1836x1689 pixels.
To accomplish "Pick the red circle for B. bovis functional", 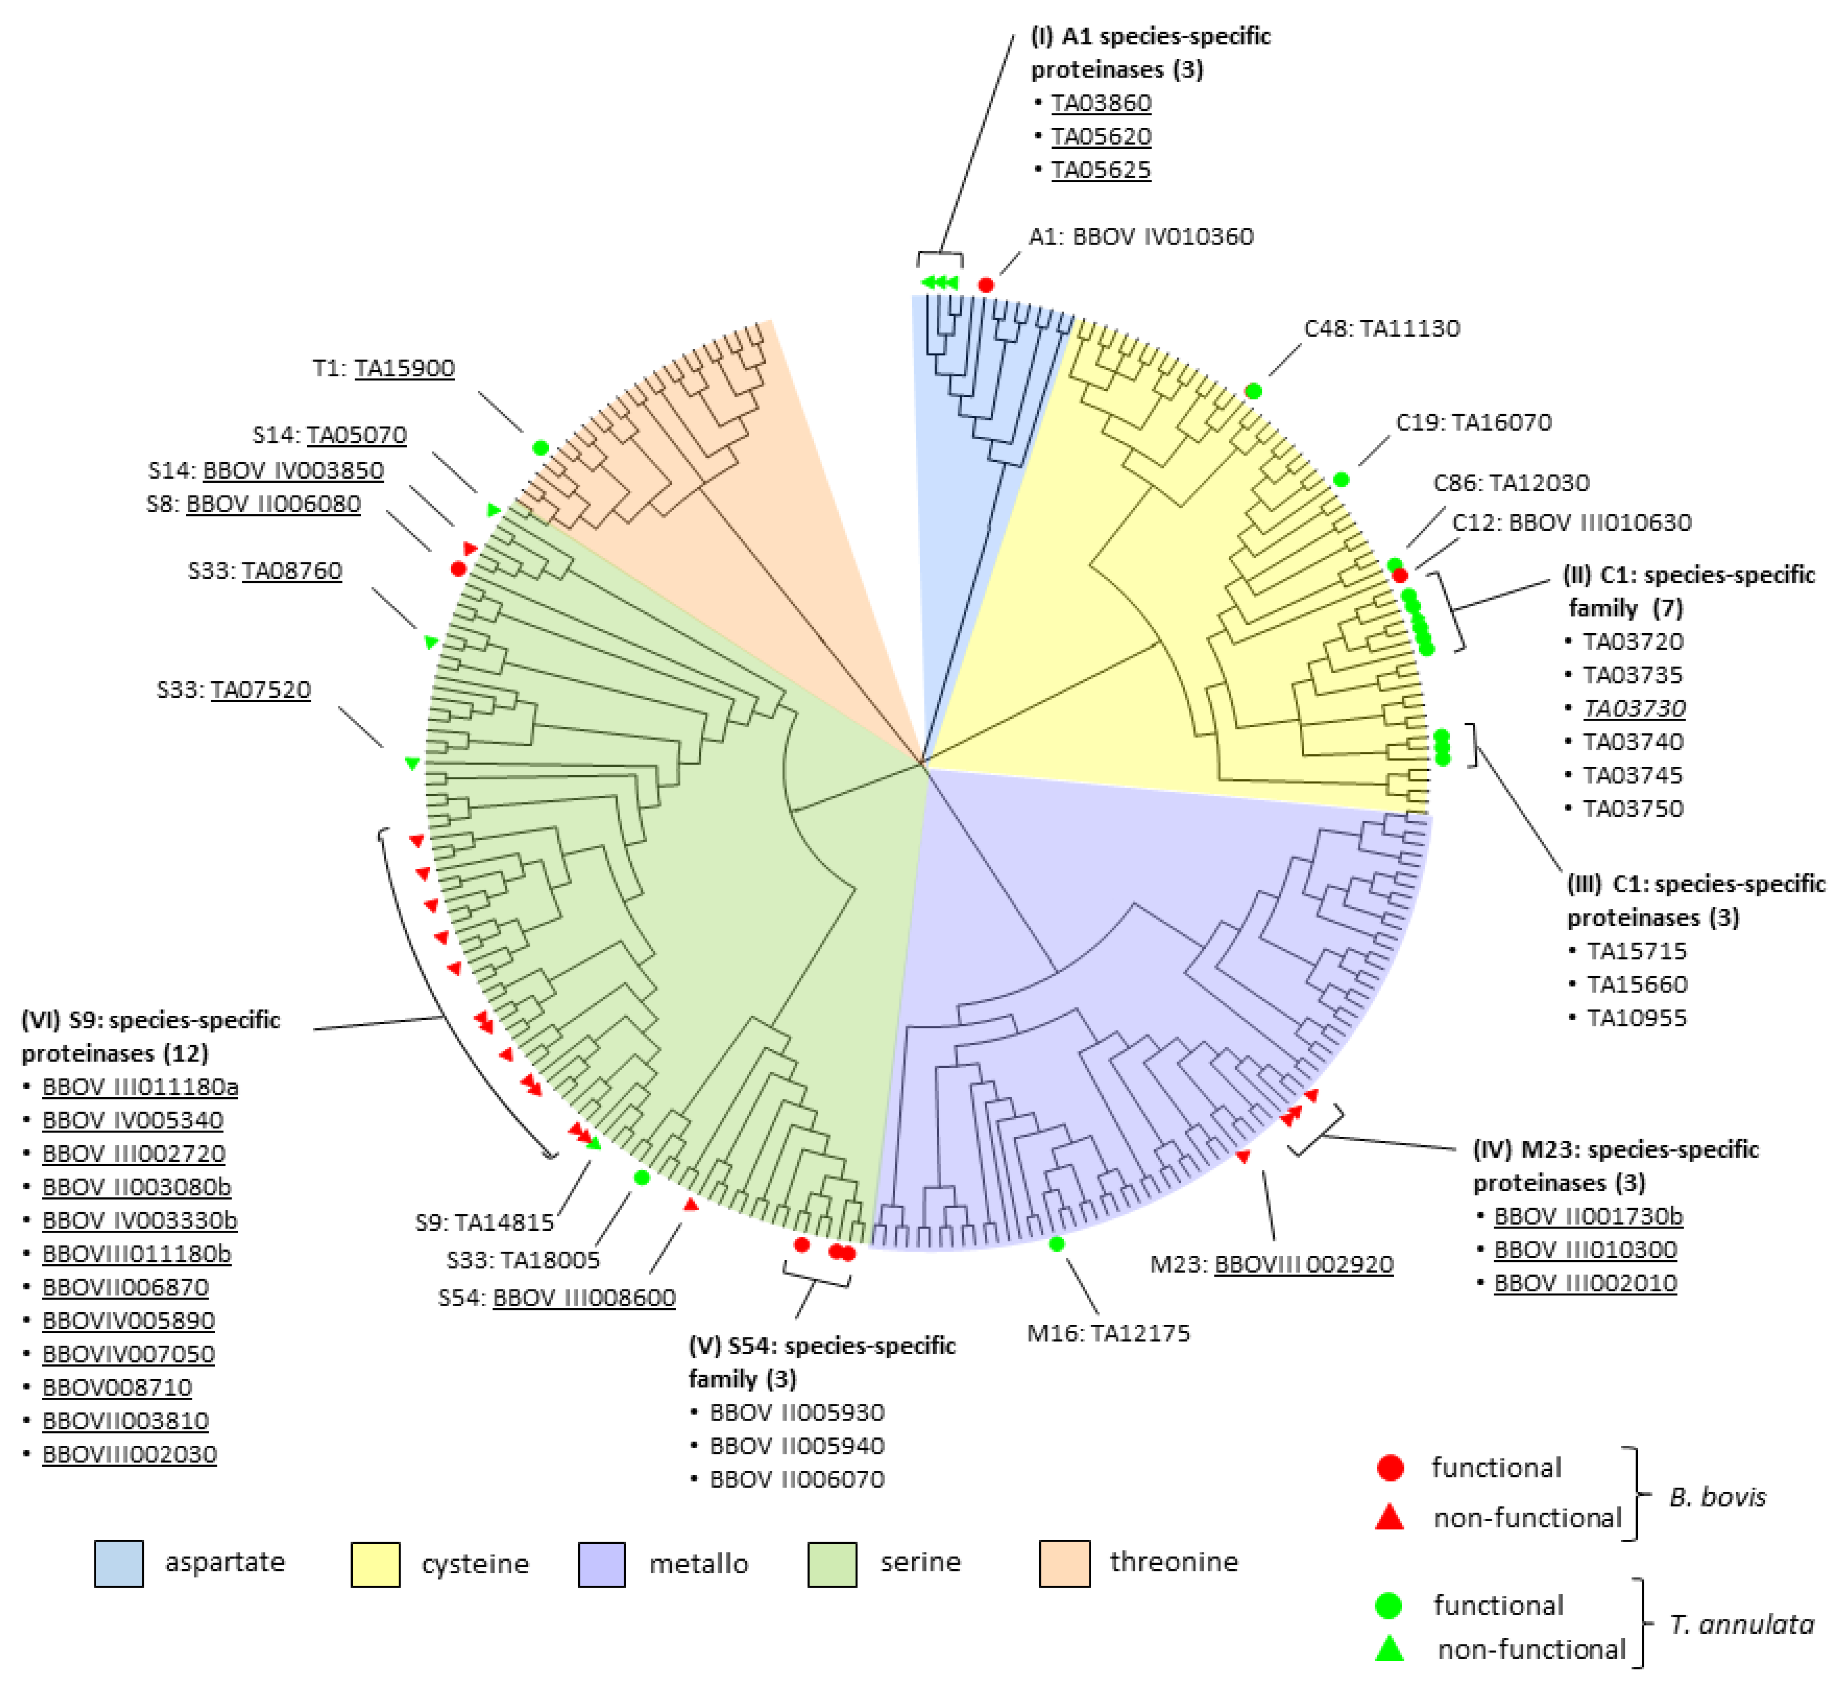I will click(x=1390, y=1468).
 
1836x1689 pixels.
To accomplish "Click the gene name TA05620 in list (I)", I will click(x=1101, y=136).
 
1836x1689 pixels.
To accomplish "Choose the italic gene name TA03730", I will click(x=1634, y=708).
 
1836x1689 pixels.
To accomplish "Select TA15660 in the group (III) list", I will click(x=1636, y=985).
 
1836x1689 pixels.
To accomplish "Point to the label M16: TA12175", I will click(x=1108, y=1334).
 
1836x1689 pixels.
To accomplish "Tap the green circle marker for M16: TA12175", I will click(x=1057, y=1244).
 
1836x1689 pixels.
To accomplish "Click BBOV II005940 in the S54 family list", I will click(x=796, y=1446).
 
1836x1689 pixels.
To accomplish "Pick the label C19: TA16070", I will click(x=1473, y=422).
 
